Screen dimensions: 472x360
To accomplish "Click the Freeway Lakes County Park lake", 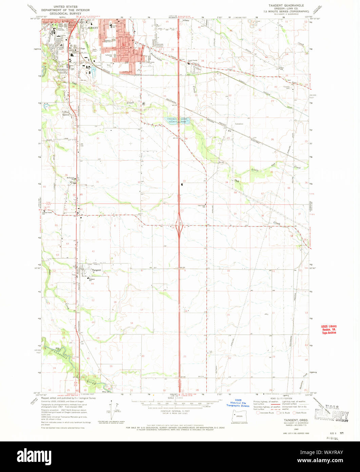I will pyautogui.click(x=177, y=121).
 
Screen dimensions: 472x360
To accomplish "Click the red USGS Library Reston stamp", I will pyautogui.click(x=329, y=330).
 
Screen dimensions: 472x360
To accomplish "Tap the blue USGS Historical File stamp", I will pyautogui.click(x=238, y=404).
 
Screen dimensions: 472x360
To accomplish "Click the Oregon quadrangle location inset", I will pyautogui.click(x=237, y=417).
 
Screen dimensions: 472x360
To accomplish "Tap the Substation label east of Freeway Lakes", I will pyautogui.click(x=240, y=124).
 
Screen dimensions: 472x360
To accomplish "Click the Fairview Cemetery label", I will pyautogui.click(x=288, y=87).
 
